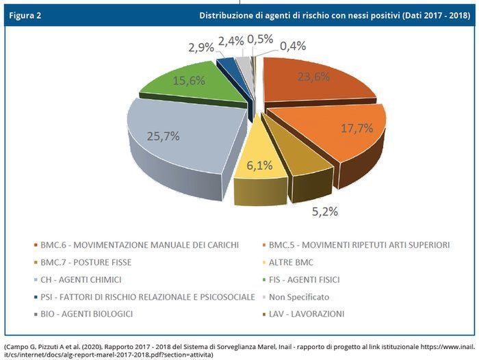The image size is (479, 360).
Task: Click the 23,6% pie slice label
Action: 312,77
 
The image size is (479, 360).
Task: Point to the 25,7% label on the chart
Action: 163,136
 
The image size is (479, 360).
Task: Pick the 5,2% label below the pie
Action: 324,211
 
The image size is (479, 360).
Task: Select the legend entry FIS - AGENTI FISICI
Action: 305,279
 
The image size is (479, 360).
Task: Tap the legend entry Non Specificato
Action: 298,297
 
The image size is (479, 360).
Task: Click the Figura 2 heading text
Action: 25,15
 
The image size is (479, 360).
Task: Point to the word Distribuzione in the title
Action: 230,15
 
